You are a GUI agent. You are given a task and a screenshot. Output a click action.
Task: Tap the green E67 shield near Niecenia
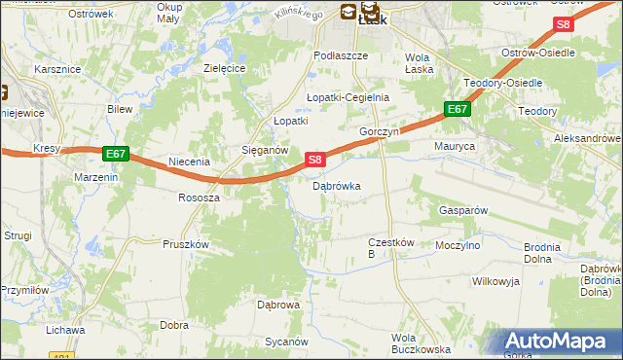pos(115,154)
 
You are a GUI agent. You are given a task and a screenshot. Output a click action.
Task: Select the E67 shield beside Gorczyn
pos(458,110)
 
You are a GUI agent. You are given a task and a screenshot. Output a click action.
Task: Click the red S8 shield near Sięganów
pos(314,159)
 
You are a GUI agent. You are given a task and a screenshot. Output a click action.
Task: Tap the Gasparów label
pos(462,210)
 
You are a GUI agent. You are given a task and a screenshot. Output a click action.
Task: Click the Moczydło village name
pos(458,245)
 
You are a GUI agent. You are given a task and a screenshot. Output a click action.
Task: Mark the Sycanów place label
pos(287,342)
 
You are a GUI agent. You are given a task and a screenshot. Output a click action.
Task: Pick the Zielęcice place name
pos(223,68)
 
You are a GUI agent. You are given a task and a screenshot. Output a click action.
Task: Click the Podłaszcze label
pos(341,56)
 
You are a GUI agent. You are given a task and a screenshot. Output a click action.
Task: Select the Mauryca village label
pos(454,147)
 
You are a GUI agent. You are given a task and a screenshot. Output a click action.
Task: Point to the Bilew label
pos(120,109)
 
